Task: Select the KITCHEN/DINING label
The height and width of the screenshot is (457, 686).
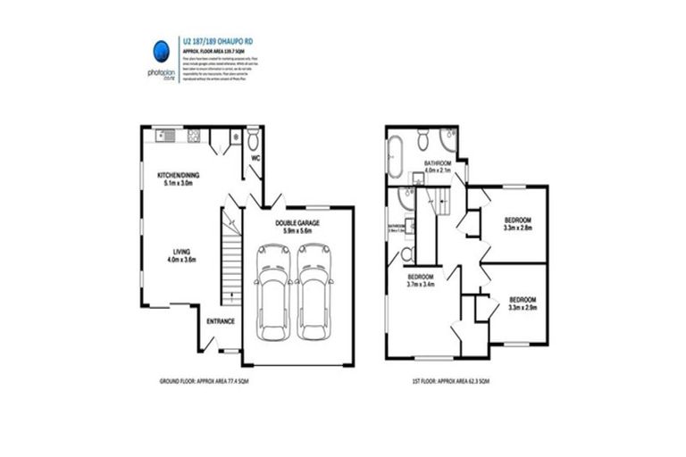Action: (x=179, y=179)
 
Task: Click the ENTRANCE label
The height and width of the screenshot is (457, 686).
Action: (x=221, y=320)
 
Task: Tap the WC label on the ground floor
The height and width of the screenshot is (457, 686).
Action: (x=255, y=159)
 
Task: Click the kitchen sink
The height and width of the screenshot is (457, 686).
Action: (x=166, y=136)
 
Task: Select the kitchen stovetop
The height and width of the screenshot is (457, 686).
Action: (x=192, y=136)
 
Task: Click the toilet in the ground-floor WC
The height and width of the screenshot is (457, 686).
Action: (x=254, y=141)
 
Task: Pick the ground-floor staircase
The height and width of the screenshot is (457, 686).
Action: (x=231, y=259)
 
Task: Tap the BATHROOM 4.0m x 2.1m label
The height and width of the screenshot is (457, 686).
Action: (x=438, y=166)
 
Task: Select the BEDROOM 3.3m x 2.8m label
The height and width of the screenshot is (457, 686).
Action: (x=518, y=223)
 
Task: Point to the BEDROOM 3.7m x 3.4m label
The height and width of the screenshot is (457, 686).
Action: (x=420, y=281)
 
